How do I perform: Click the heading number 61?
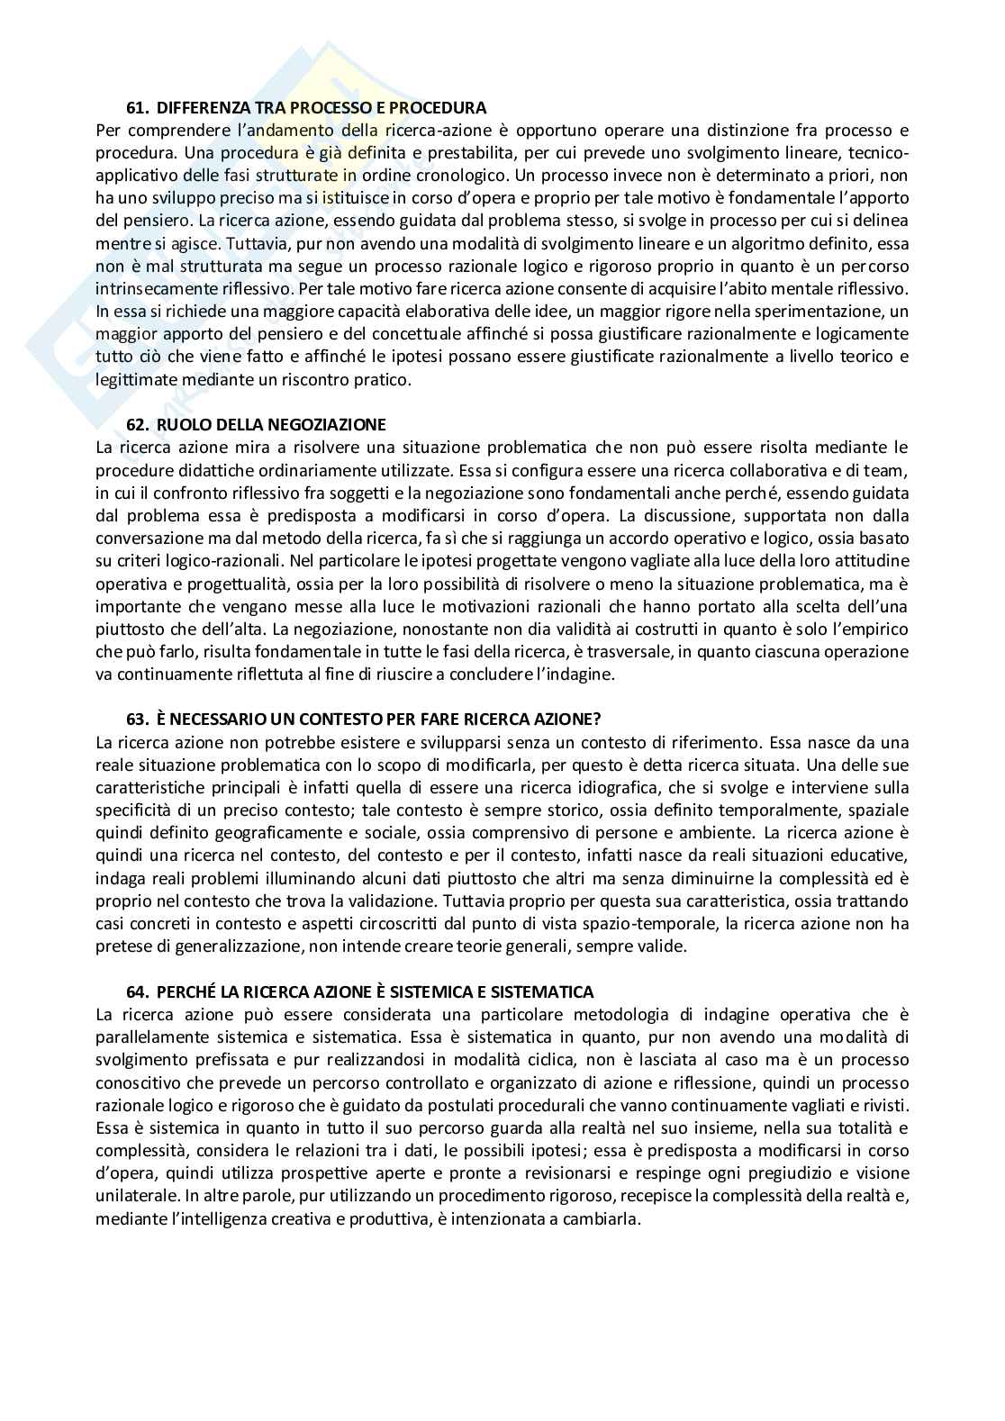click(136, 108)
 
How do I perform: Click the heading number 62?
click(136, 425)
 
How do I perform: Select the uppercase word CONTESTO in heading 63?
click(339, 720)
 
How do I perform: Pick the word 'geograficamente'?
click(219, 833)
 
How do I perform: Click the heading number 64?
click(136, 992)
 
